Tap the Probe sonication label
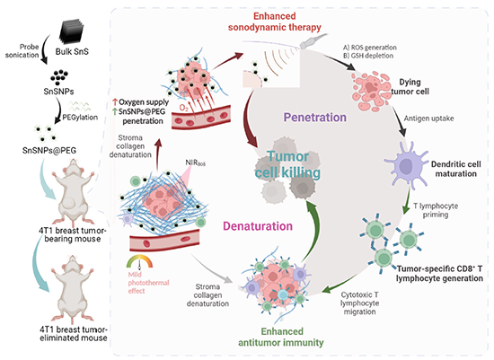(x=22, y=50)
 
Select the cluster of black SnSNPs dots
(x=59, y=77)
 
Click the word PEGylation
(x=80, y=118)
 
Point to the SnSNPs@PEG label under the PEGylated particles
(x=49, y=150)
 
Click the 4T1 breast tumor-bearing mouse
(x=73, y=191)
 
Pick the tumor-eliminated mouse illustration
(x=73, y=287)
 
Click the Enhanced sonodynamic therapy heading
(x=275, y=22)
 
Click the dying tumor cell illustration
(x=372, y=91)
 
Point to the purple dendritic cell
(x=406, y=164)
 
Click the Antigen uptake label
(x=428, y=119)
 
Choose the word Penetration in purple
(x=314, y=118)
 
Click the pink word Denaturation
(x=258, y=226)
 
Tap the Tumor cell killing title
(x=287, y=164)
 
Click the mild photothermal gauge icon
(x=139, y=262)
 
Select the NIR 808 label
(x=195, y=162)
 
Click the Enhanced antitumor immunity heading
(x=281, y=337)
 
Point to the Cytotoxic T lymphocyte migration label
(x=359, y=303)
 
